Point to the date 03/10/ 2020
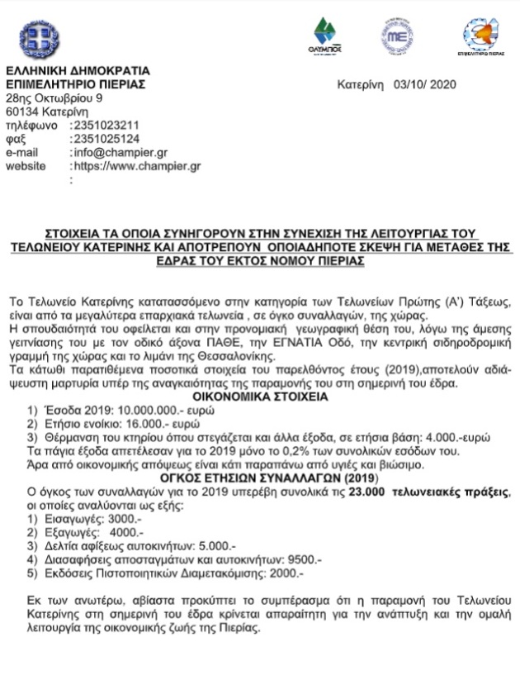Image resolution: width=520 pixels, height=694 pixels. pyautogui.click(x=425, y=84)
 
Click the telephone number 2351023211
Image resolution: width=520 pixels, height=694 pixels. pyautogui.click(x=106, y=126)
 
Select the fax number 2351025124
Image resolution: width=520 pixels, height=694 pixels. pyautogui.click(x=106, y=139)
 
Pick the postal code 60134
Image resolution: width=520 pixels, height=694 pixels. pyautogui.click(x=21, y=112)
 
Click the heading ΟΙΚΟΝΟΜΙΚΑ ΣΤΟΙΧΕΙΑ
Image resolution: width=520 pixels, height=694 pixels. pyautogui.click(x=260, y=397)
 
